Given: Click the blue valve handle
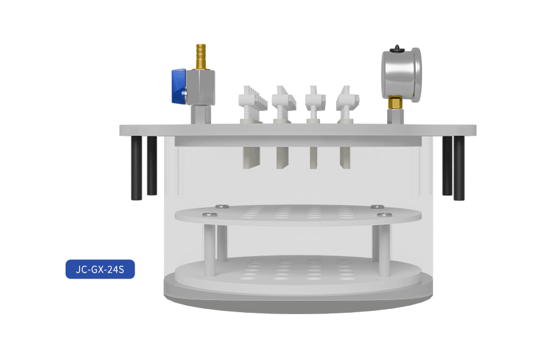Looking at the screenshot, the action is tap(179, 86).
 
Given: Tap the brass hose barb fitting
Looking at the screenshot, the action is tap(201, 57).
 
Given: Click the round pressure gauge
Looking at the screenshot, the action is tap(401, 75).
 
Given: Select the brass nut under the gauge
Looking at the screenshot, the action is tap(395, 103).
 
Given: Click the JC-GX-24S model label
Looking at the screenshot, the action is tap(100, 269).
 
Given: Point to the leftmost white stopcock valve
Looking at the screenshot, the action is tap(253, 104).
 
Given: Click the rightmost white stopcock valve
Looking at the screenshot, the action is tap(347, 104).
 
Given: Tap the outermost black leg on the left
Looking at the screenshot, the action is tap(136, 168).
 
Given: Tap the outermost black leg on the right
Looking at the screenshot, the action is tap(459, 168).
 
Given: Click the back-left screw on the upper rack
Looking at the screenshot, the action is tap(222, 206).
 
